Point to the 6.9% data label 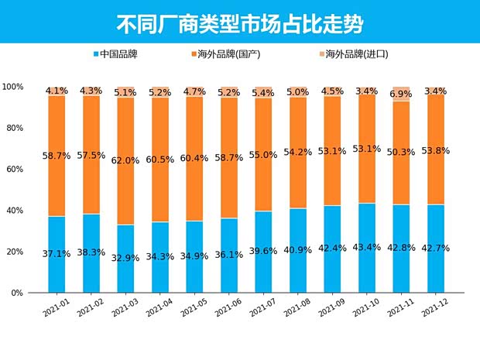tap(401, 94)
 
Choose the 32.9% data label tap(126, 258)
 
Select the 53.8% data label tap(436, 150)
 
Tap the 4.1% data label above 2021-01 tap(57, 91)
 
